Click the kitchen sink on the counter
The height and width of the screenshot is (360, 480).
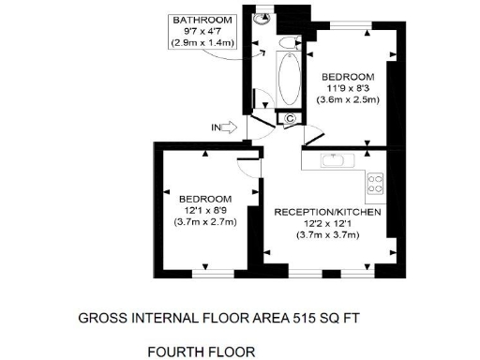(x=336, y=160)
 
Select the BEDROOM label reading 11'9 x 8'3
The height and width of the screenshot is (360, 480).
(x=347, y=76)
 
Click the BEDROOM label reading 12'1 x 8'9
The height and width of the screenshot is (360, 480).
(x=205, y=199)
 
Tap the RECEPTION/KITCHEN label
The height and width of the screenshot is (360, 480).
(x=327, y=213)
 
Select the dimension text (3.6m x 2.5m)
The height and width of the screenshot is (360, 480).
(x=347, y=99)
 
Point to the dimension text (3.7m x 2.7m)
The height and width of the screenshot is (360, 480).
(x=205, y=222)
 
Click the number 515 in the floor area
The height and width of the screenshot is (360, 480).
(x=304, y=318)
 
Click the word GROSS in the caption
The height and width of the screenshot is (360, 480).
(x=100, y=318)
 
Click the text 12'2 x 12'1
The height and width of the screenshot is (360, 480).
(x=327, y=224)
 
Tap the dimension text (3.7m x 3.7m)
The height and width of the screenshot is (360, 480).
(x=327, y=235)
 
